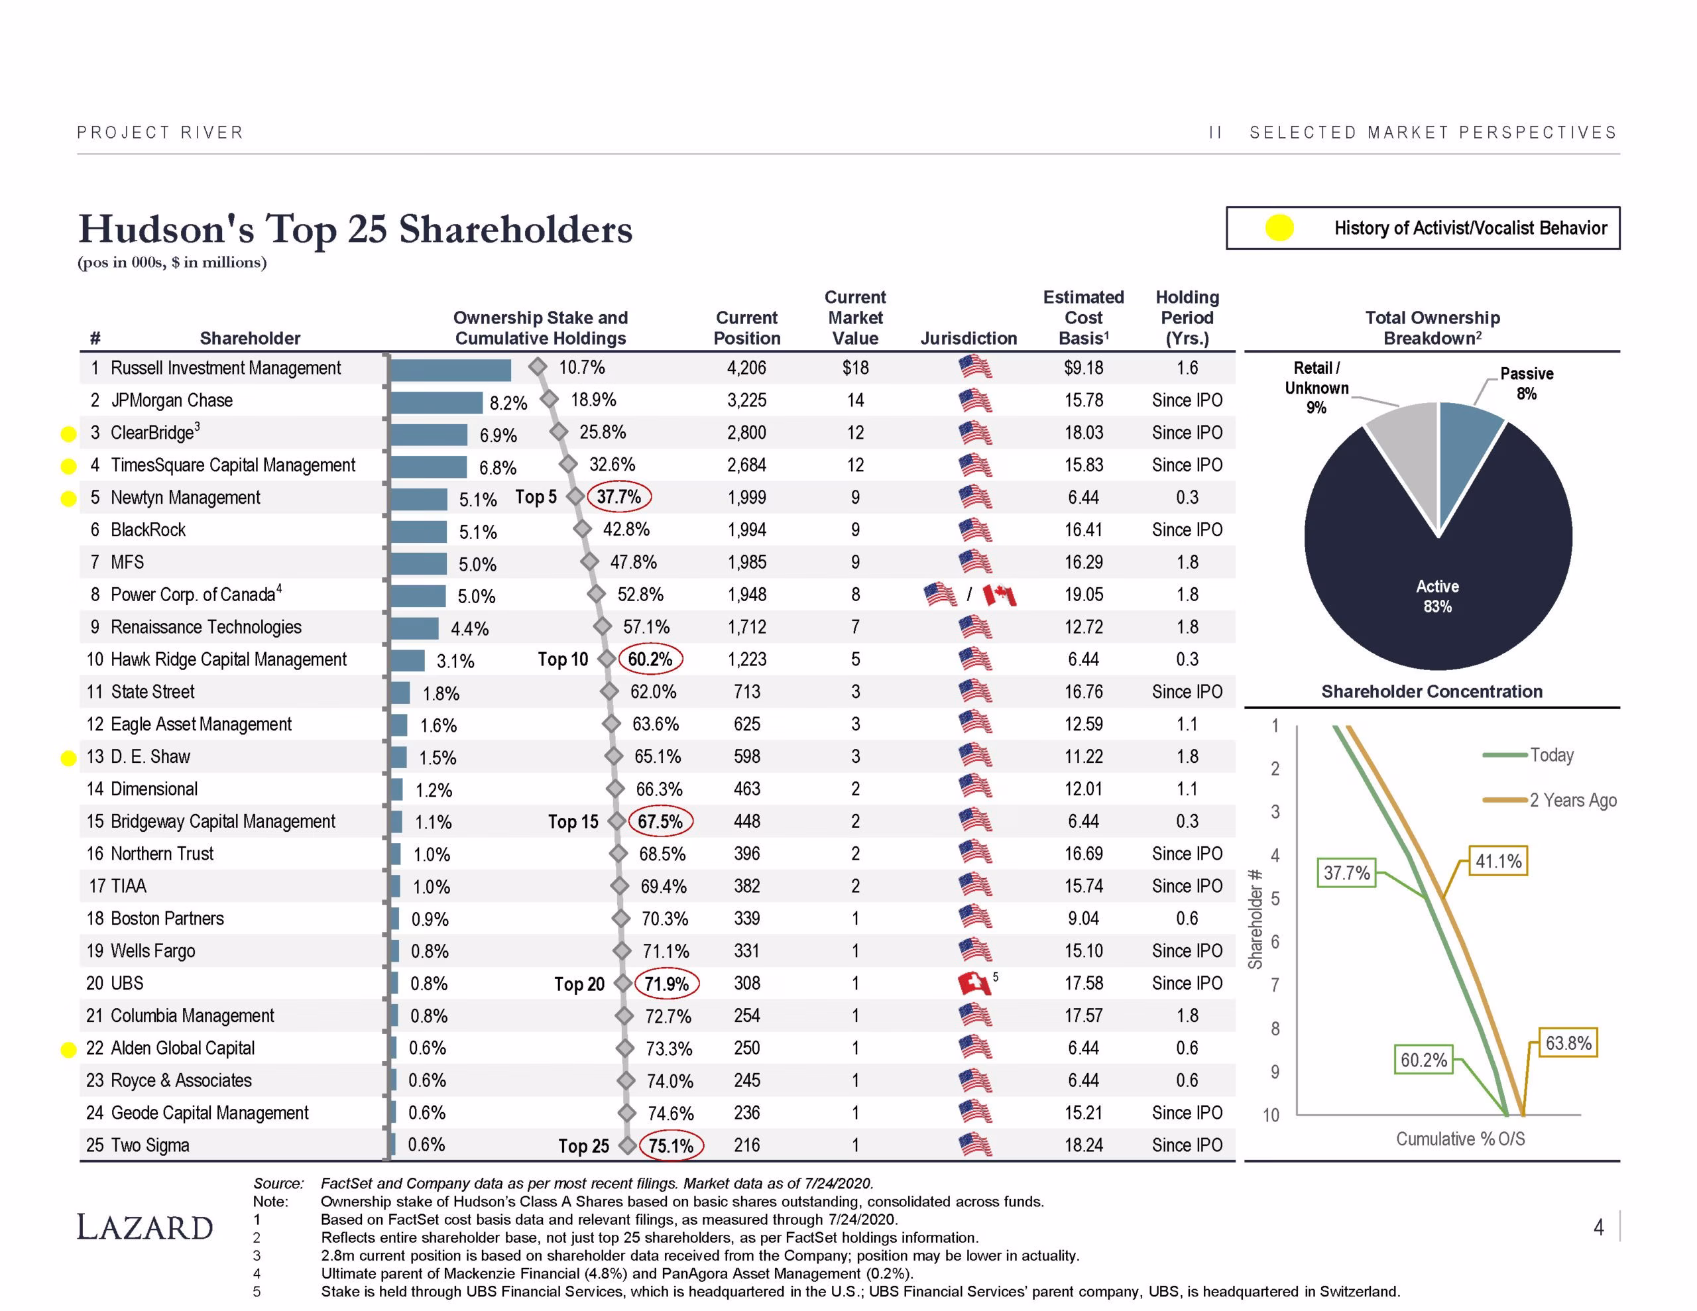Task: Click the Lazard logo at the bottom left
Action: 145,1227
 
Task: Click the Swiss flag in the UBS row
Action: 974,984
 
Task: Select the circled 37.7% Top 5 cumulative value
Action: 618,496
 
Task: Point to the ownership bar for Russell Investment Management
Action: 451,370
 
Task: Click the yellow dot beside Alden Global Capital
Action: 68,1049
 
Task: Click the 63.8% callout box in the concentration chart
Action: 1568,1043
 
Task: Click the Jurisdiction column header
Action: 968,338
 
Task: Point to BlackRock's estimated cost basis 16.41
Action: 1083,530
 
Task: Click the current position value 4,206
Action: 746,368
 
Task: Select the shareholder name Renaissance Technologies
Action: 206,627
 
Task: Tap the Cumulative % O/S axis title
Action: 1460,1139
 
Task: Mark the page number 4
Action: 1598,1227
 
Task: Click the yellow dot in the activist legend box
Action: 1279,228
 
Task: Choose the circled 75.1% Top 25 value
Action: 671,1145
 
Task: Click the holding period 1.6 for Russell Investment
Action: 1187,368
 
